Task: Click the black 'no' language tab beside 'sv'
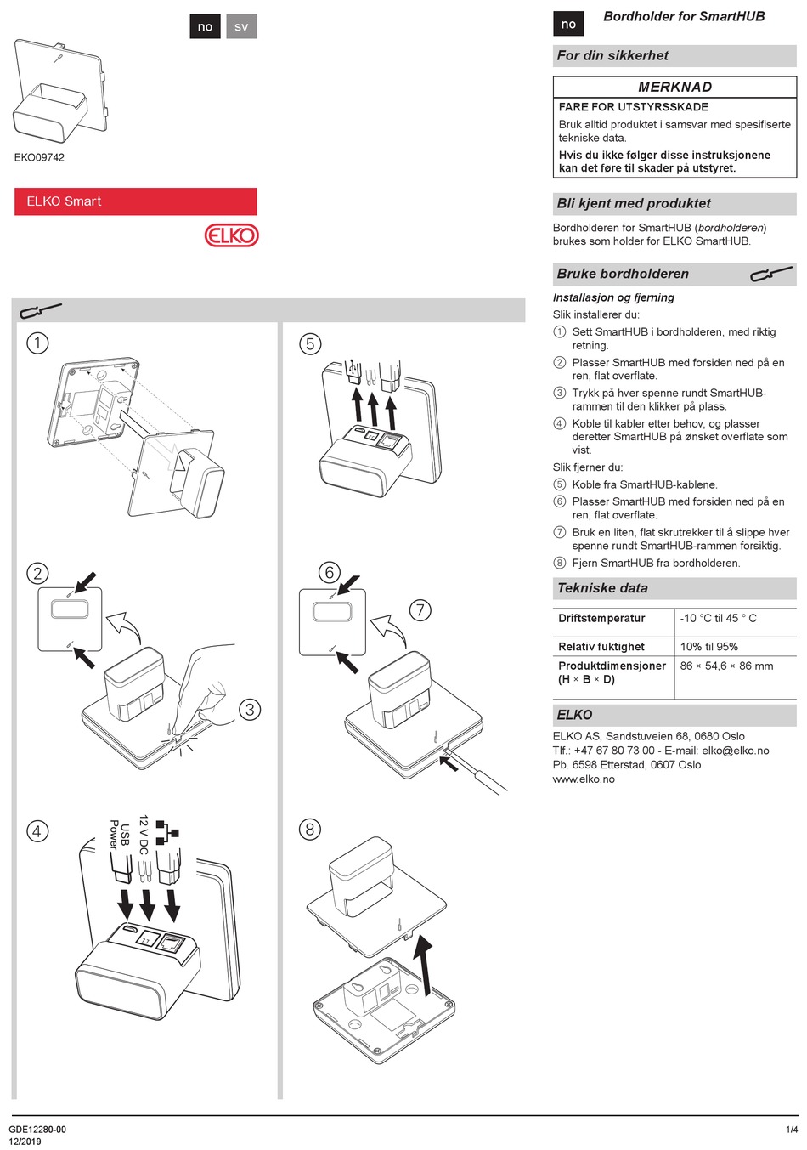click(x=205, y=27)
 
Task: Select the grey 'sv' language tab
click(x=241, y=27)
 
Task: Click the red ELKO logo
click(x=231, y=235)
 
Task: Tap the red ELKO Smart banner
click(x=135, y=201)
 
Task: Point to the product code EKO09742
click(x=39, y=157)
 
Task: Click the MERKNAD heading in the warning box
click(x=674, y=87)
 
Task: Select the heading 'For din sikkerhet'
click(x=612, y=56)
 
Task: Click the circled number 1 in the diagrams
click(x=37, y=343)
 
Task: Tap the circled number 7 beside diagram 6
click(x=420, y=610)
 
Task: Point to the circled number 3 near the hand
click(x=250, y=710)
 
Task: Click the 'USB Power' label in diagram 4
click(x=119, y=835)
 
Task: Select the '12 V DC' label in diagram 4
click(x=144, y=835)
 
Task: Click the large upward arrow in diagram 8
click(x=423, y=965)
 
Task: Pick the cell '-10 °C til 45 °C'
click(x=718, y=619)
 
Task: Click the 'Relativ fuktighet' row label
click(x=601, y=647)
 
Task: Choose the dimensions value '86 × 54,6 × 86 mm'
click(x=726, y=666)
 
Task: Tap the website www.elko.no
click(x=584, y=779)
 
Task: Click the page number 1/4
click(x=792, y=1130)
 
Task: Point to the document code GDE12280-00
click(x=37, y=1130)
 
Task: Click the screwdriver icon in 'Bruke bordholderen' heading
click(x=771, y=274)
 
